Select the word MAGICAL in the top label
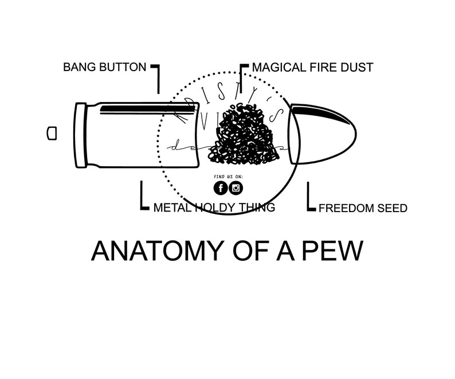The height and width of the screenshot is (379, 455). [x=280, y=68]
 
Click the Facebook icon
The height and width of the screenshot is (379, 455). [x=220, y=187]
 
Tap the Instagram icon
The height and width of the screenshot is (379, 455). [x=236, y=187]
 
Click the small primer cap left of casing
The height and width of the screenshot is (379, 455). [x=52, y=133]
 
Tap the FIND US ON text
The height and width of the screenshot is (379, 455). [x=227, y=176]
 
